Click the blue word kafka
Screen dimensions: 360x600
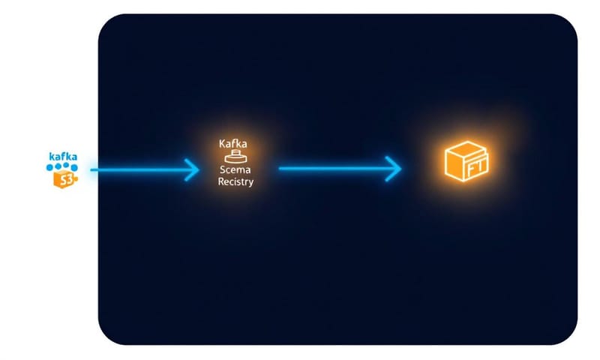(x=63, y=156)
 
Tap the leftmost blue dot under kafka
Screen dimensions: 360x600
(x=50, y=166)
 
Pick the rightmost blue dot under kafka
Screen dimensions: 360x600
(x=76, y=166)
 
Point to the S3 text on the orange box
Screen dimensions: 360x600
(x=66, y=179)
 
